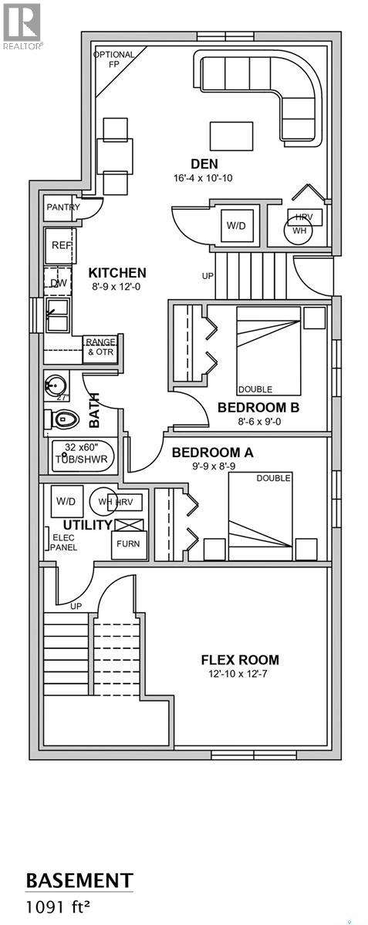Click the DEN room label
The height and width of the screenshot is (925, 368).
[x=204, y=163]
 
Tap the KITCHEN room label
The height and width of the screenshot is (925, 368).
[x=116, y=273]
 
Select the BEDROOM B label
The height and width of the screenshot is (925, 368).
[x=258, y=407]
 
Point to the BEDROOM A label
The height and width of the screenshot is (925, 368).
[x=212, y=452]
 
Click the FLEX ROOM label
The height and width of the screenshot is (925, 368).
[x=239, y=660]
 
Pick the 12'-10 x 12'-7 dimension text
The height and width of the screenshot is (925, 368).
[x=239, y=675]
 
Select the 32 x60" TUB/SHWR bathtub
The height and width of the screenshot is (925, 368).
[x=83, y=454]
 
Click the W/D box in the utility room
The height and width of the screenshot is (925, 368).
[x=64, y=502]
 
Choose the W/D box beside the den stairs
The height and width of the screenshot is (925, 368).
[x=235, y=226]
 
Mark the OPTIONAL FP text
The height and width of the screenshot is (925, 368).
[x=113, y=59]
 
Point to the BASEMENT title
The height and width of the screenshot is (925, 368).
[x=79, y=880]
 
